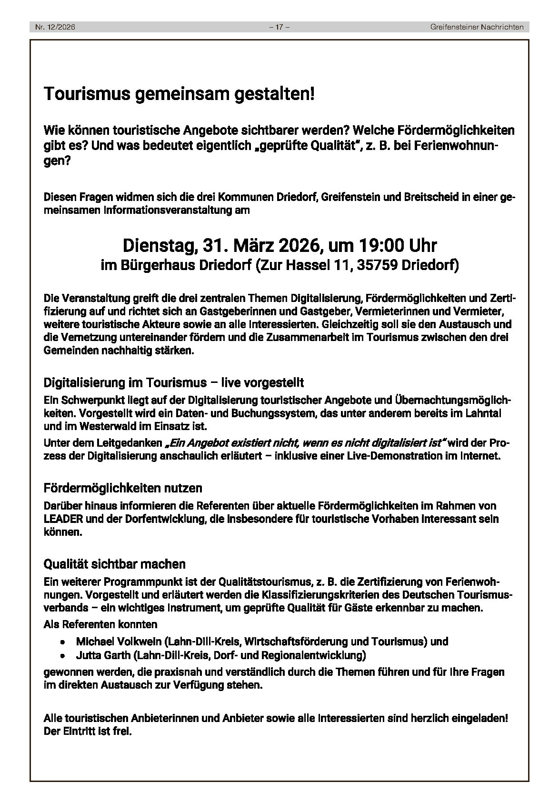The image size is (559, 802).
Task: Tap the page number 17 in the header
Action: pyautogui.click(x=279, y=27)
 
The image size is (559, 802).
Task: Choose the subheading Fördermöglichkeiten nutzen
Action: pyautogui.click(x=123, y=488)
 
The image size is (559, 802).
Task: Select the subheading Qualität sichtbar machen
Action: pyautogui.click(x=114, y=564)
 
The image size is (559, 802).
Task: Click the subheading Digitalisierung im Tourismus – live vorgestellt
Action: pyautogui.click(x=174, y=383)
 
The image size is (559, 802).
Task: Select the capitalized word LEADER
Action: pyautogui.click(x=60, y=519)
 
